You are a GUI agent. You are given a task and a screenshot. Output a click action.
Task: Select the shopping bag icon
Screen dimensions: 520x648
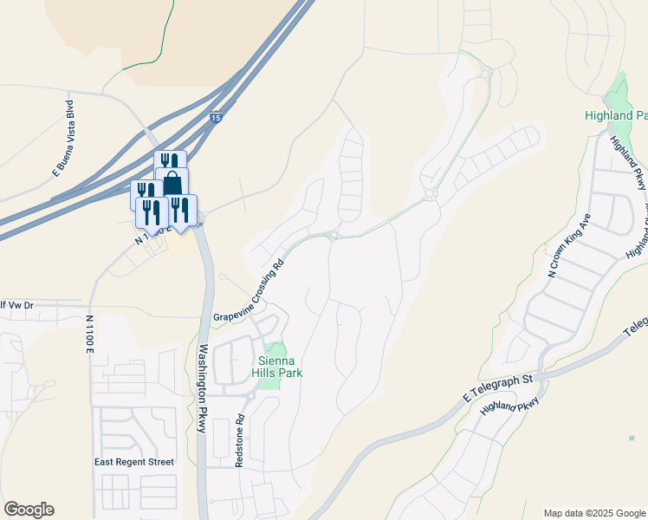point(172,184)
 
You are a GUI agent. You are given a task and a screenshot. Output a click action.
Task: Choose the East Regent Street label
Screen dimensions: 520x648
point(134,462)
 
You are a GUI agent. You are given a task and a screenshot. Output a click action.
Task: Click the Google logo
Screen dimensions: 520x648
point(29,510)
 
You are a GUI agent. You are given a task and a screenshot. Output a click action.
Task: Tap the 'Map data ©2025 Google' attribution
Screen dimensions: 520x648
point(593,513)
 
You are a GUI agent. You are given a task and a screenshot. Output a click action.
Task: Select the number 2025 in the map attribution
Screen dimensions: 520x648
point(603,513)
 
